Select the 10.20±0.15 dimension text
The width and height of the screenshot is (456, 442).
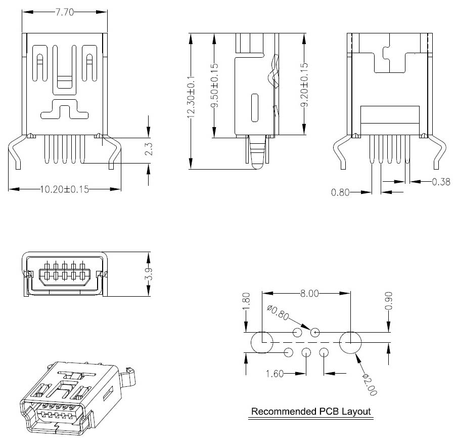[65, 189]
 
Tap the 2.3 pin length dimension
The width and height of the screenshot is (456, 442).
[149, 150]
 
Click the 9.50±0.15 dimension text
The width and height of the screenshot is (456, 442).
[214, 85]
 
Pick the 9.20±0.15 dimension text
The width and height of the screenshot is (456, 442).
[304, 85]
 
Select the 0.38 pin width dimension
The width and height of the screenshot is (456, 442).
[441, 181]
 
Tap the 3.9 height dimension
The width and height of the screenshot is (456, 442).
[149, 274]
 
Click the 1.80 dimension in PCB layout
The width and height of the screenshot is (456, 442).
[246, 302]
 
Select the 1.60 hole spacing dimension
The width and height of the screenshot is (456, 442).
[275, 374]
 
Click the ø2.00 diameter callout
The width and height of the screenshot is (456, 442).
[370, 383]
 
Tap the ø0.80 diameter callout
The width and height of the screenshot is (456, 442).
[278, 313]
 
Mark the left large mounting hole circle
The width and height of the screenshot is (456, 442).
[262, 343]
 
